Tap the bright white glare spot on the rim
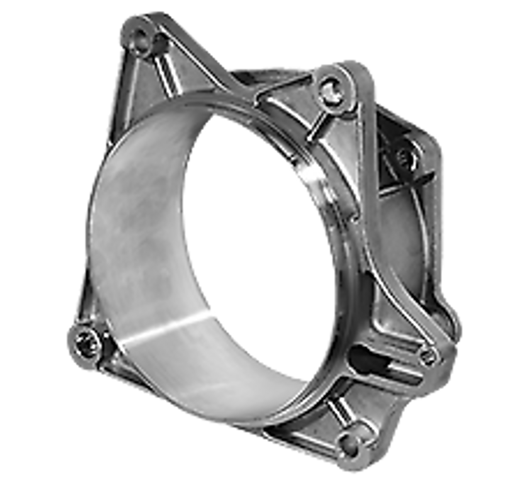(312, 173)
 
